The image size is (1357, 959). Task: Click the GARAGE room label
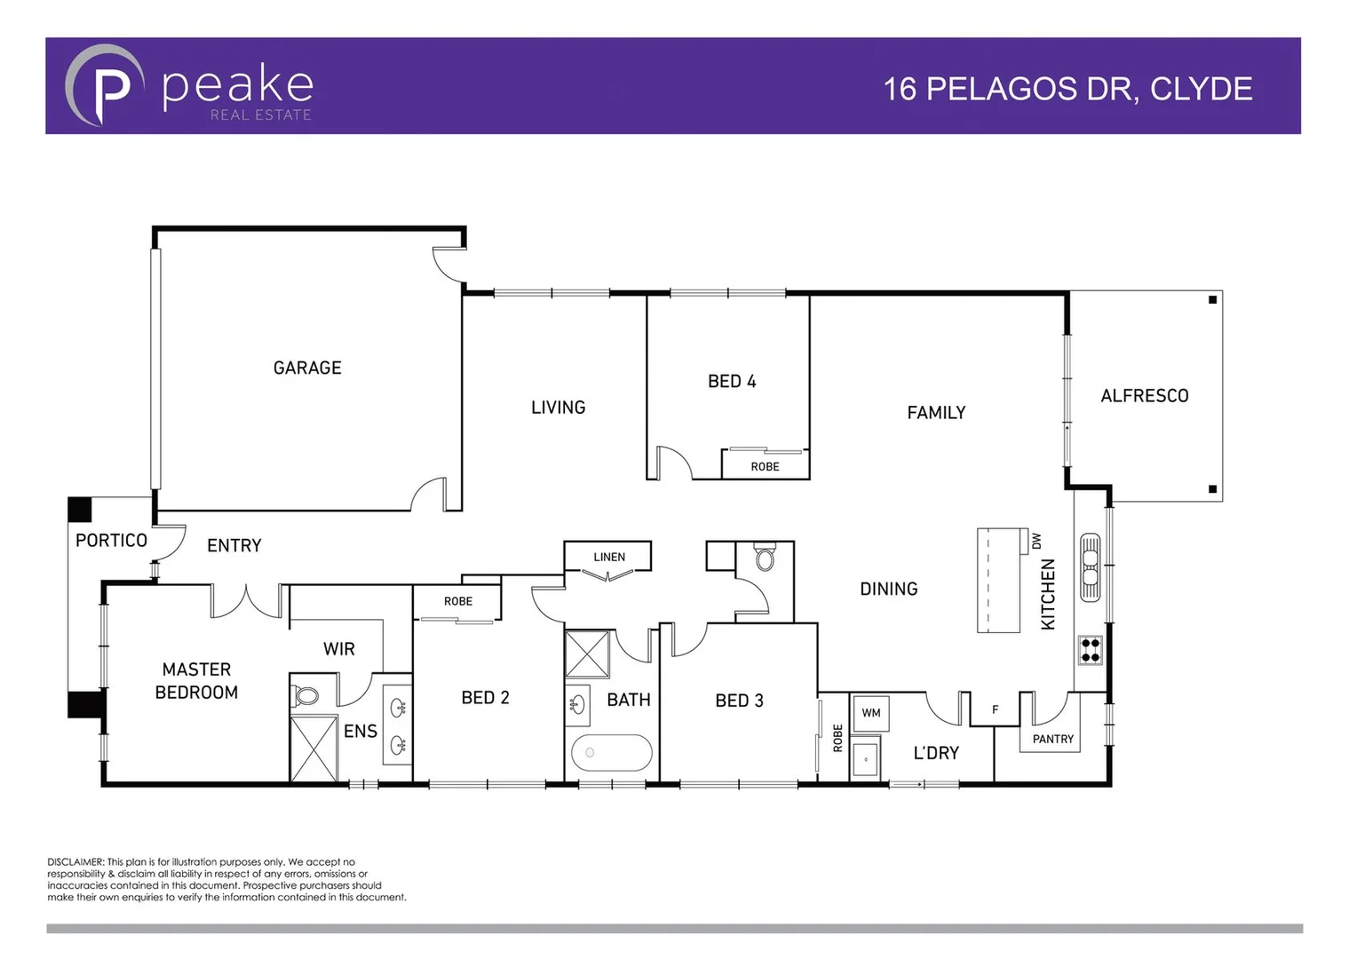pos(306,368)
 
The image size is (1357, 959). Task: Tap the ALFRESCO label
pos(1144,396)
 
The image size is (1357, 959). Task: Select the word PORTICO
pos(111,541)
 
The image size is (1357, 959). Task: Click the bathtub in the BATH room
pos(611,753)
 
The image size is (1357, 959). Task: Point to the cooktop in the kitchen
pos(1090,651)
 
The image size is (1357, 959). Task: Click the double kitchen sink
pos(1090,567)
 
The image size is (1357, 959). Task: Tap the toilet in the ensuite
pos(306,694)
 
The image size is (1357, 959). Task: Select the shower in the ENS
pos(313,749)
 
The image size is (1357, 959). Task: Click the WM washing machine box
pos(870,713)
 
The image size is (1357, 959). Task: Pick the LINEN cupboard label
pos(609,557)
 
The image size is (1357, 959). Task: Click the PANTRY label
pos(1052,739)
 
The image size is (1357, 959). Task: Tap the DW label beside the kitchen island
pos(1036,541)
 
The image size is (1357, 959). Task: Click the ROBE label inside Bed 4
pos(765,466)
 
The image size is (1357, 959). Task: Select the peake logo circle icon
pos(105,86)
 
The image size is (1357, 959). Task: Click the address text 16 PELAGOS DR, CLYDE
pos(1067,89)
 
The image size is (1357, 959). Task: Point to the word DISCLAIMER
pos(75,862)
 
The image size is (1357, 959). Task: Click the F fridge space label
pos(995,709)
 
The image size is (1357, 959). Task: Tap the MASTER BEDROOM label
pos(196,681)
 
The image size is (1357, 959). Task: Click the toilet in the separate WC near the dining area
pos(764,559)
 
